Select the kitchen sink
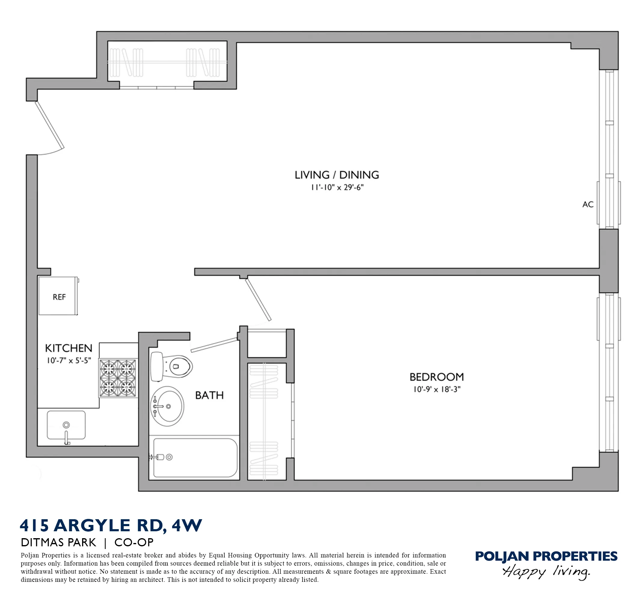(x=66, y=425)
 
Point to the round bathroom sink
(x=167, y=406)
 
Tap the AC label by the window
(x=588, y=204)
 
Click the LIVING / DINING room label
(x=336, y=175)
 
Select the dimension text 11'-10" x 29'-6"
(x=337, y=188)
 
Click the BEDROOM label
(x=436, y=377)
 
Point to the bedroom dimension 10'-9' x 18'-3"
(x=436, y=389)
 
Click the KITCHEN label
(x=69, y=348)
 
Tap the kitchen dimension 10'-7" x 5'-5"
(x=69, y=360)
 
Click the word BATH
(x=209, y=395)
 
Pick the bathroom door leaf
(x=214, y=345)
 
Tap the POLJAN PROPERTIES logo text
(x=546, y=556)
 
